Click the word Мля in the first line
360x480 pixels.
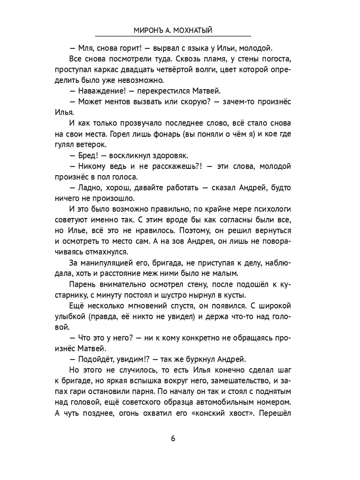coord(85,49)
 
